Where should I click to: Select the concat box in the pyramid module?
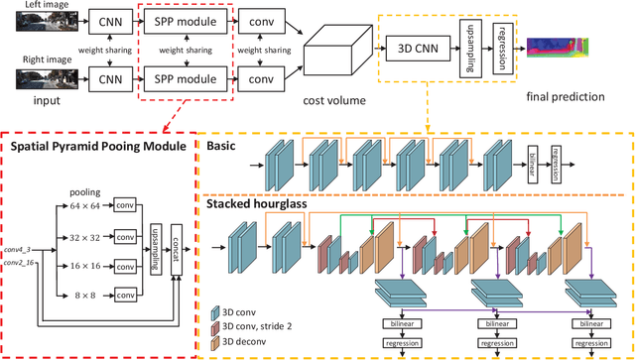pyautogui.click(x=175, y=248)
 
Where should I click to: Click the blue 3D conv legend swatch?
pyautogui.click(x=215, y=311)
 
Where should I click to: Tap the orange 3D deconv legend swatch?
pyautogui.click(x=215, y=342)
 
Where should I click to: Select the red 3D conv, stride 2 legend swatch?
pyautogui.click(x=215, y=327)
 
